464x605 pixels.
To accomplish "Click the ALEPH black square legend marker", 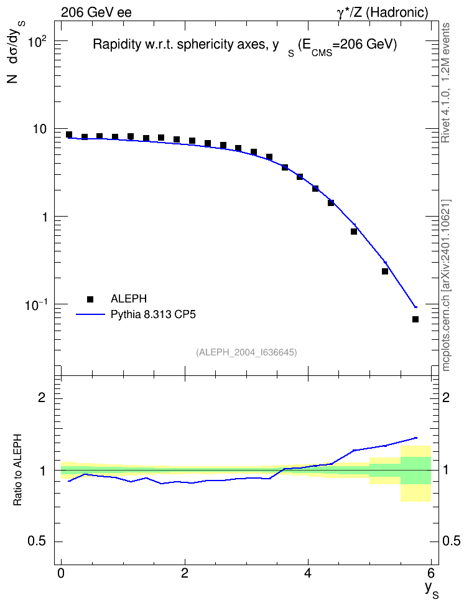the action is click(90, 299).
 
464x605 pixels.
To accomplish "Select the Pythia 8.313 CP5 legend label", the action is click(153, 314).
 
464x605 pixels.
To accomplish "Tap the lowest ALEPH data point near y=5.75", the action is click(415, 319).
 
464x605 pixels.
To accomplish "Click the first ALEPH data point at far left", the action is click(69, 134).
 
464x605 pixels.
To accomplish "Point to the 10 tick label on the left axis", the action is click(39, 129).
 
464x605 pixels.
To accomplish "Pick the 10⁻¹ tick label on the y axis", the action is click(35, 305).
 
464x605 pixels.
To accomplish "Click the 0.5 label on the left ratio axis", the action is click(37, 542).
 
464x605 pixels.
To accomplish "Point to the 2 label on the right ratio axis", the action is click(446, 397).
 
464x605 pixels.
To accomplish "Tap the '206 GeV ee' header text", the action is click(96, 12).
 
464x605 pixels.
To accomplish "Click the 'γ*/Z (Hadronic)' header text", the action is click(383, 12).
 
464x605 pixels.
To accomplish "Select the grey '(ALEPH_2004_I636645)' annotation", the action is click(246, 352).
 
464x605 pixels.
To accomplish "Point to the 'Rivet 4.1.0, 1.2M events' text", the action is click(445, 83).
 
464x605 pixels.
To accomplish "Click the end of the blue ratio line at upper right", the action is click(416, 438).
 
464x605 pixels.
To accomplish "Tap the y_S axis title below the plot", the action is click(431, 590).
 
